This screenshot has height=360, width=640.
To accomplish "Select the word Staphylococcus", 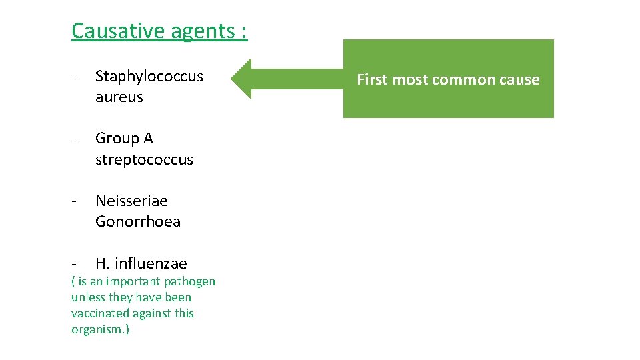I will click(149, 76).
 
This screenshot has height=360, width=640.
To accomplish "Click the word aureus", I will click(119, 97).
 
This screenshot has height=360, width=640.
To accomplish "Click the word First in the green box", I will click(373, 79).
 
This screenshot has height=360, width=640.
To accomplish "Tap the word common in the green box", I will click(463, 79).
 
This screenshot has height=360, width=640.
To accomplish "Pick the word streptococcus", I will click(144, 159).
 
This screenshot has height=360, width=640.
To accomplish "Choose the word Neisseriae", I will click(131, 201).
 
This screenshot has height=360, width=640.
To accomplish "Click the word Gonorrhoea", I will click(137, 221).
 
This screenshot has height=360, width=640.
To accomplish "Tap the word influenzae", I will click(150, 263).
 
